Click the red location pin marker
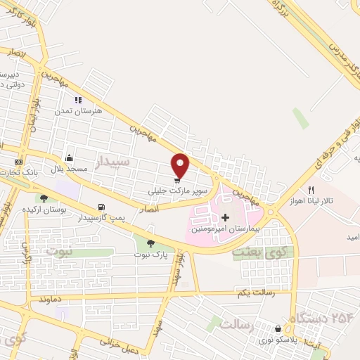[181, 165]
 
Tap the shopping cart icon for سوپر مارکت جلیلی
[176, 179]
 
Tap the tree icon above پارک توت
[150, 243]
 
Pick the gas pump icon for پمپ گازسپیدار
[103, 207]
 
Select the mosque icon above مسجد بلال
[69, 158]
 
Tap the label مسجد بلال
[68, 170]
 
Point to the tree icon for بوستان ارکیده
[44, 199]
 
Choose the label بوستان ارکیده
[44, 210]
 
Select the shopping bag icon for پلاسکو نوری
[278, 328]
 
